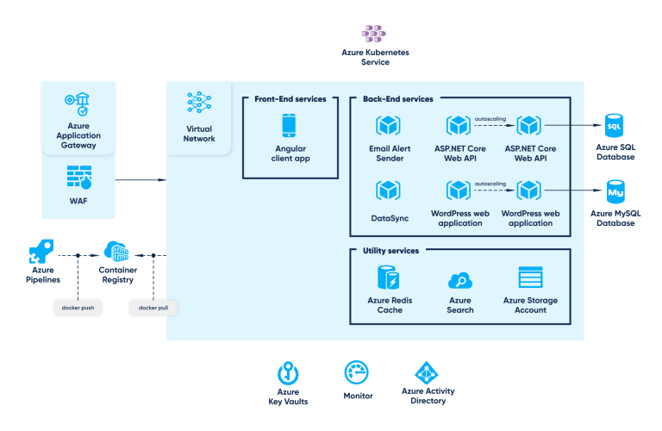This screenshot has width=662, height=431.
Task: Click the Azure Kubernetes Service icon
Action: pyautogui.click(x=374, y=33)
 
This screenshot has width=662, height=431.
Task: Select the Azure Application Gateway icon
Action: pyautogui.click(x=78, y=104)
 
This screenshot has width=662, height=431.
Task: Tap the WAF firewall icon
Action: pyautogui.click(x=79, y=177)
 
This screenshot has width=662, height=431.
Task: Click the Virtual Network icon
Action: pyautogui.click(x=199, y=103)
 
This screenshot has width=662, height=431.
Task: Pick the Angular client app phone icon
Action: pyautogui.click(x=290, y=126)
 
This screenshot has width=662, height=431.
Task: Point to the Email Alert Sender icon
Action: pyautogui.click(x=389, y=126)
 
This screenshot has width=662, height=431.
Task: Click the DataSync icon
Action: pyautogui.click(x=389, y=190)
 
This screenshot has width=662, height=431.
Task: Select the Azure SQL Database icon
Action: pyautogui.click(x=614, y=126)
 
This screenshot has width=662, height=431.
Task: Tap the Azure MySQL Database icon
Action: pyautogui.click(x=615, y=190)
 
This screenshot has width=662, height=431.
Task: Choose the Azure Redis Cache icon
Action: pyautogui.click(x=389, y=278)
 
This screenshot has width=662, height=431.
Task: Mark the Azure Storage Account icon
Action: pyautogui.click(x=529, y=278)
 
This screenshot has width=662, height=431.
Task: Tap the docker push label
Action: pyautogui.click(x=78, y=307)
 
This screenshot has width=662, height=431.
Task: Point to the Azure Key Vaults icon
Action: pyautogui.click(x=288, y=373)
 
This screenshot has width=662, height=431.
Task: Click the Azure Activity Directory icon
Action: pyautogui.click(x=428, y=372)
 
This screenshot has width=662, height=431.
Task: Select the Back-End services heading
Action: pyautogui.click(x=392, y=99)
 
